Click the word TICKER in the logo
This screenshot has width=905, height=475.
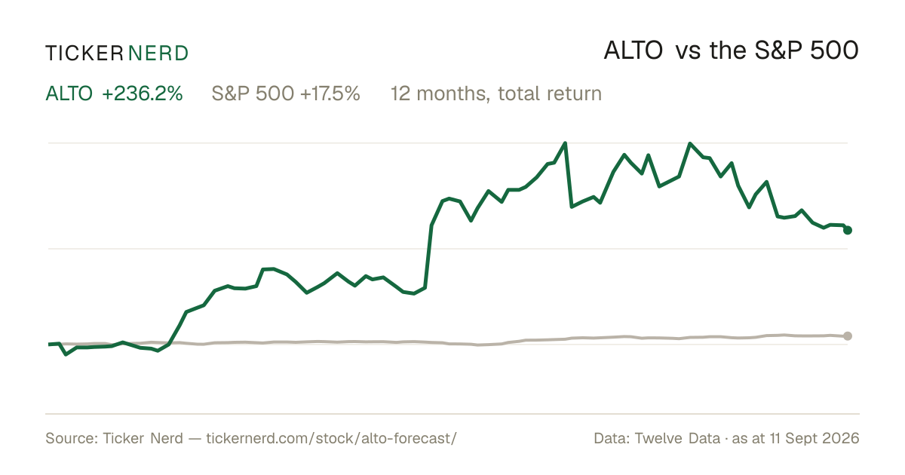(84, 54)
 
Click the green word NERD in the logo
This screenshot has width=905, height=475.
(158, 54)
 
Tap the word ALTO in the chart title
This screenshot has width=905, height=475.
(633, 51)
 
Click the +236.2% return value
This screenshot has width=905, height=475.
(143, 93)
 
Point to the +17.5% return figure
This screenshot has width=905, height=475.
(330, 93)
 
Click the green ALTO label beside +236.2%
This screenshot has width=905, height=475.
(69, 93)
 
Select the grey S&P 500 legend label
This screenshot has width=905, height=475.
(253, 93)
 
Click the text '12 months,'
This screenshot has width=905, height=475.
(440, 93)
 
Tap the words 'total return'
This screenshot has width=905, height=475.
(550, 93)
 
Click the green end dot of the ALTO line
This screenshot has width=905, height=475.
(848, 230)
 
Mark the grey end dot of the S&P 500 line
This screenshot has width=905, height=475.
(848, 336)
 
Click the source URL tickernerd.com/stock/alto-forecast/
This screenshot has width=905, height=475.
(331, 439)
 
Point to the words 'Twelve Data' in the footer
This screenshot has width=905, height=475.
(677, 439)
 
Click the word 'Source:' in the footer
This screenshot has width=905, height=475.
(72, 439)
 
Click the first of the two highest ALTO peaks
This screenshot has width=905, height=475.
(565, 143)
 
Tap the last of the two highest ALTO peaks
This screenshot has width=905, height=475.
(689, 143)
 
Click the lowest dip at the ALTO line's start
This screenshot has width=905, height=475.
(66, 354)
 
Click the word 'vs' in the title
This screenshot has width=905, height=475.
(688, 52)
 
